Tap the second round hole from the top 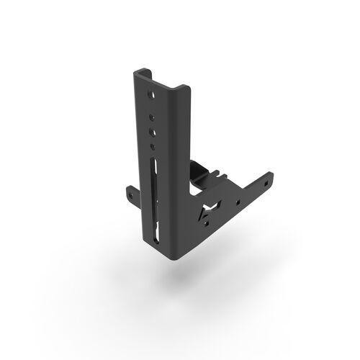pyautogui.click(x=151, y=114)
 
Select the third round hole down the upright pyautogui.click(x=152, y=131)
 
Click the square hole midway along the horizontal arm pyautogui.click(x=236, y=197)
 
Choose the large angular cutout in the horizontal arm pyautogui.click(x=210, y=210)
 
